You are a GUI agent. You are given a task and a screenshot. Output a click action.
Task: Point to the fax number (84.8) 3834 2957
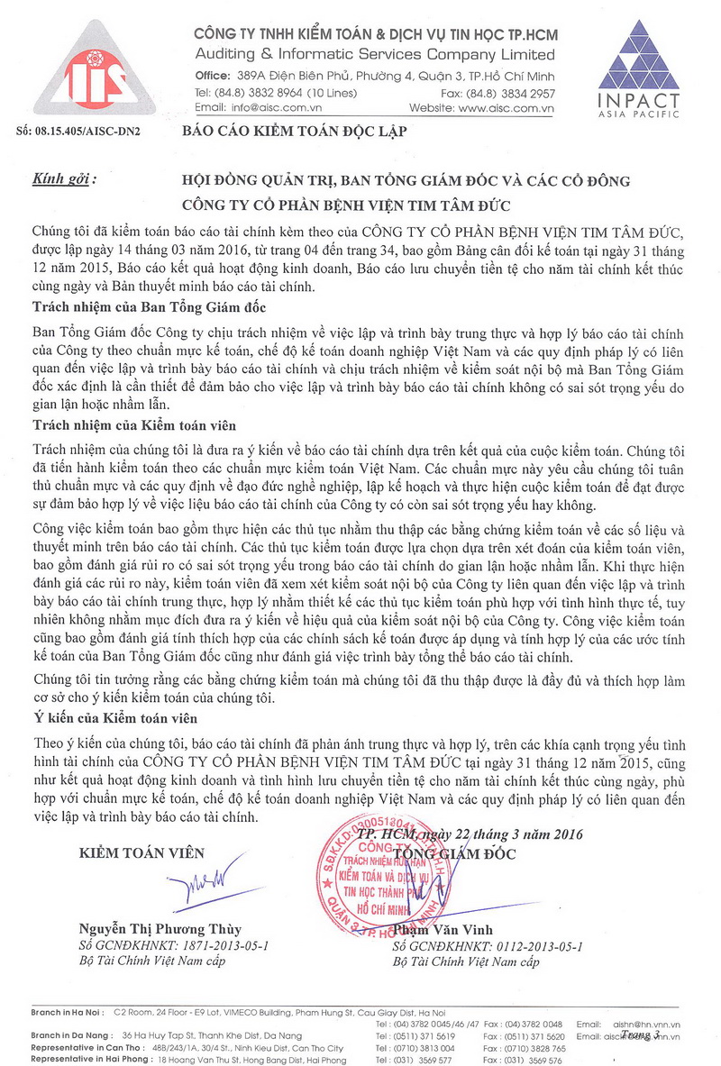[x=524, y=93]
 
